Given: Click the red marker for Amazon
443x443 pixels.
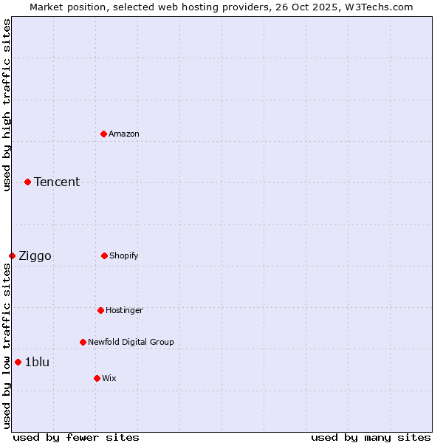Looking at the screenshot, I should coord(103,134).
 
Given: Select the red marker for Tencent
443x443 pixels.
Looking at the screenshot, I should coord(27,182).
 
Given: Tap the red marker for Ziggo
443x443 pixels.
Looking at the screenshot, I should coord(12,255).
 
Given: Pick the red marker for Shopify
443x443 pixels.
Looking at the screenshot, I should coord(104,255).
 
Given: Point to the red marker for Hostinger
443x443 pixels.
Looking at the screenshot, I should coord(100,310).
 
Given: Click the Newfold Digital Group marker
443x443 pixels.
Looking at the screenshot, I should coord(83,342).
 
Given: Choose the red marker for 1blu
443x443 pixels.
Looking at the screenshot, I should coord(18,362).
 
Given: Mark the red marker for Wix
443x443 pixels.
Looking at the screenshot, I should coord(97,378).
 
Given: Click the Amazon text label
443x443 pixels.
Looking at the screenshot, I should coord(124,134).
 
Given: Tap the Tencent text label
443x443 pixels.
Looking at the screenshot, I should coord(57,182).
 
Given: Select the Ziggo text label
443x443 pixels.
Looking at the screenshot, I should coord(35,256).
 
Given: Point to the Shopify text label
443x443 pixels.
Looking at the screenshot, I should coord(124,255).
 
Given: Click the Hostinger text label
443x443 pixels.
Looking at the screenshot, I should coord(124,310).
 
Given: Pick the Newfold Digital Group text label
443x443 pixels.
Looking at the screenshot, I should coord(131,342).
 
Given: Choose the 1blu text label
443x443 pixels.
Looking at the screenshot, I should coord(37,362).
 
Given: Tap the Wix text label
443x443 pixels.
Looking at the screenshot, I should coord(109,378).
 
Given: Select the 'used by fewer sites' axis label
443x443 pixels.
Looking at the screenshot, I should coord(76,437).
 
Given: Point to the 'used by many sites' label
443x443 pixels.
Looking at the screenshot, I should coord(371,437).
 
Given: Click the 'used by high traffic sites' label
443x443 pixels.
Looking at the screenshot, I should coord(7,105).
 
